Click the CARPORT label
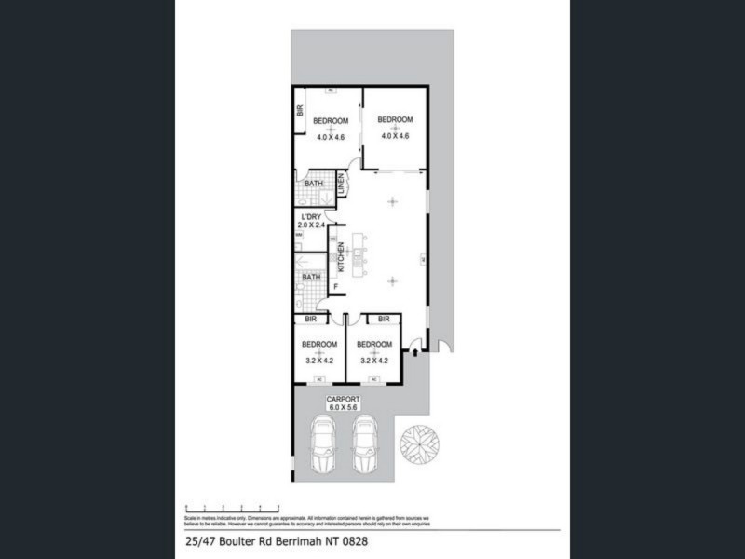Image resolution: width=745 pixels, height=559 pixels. pyautogui.click(x=343, y=400)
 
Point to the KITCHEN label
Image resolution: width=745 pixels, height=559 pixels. pyautogui.click(x=342, y=257)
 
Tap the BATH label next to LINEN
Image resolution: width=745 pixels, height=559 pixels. pyautogui.click(x=313, y=184)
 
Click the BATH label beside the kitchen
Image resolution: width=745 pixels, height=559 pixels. pyautogui.click(x=311, y=277)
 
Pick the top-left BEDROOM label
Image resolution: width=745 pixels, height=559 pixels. pyautogui.click(x=330, y=122)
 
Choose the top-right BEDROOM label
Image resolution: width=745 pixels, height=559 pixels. pyautogui.click(x=395, y=120)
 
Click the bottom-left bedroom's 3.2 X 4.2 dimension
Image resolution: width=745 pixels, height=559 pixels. pyautogui.click(x=319, y=360)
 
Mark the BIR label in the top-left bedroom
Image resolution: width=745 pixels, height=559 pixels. pyautogui.click(x=300, y=110)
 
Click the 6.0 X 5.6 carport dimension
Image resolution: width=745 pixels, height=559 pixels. pyautogui.click(x=343, y=408)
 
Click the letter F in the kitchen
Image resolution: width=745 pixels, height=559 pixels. pyautogui.click(x=335, y=284)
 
